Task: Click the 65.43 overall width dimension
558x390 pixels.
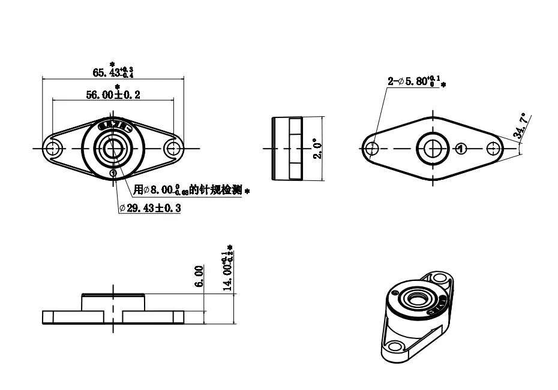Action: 113,72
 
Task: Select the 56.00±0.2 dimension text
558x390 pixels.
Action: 113,95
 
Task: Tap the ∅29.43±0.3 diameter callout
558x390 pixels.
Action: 150,208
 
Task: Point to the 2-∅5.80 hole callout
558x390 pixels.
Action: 415,81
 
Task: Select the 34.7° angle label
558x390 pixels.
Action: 520,127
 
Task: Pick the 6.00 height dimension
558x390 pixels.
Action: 200,276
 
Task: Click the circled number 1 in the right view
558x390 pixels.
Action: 460,148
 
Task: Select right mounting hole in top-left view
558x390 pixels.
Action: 173,148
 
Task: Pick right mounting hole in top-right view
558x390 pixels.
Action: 493,148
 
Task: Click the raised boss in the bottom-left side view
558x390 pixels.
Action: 113,301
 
